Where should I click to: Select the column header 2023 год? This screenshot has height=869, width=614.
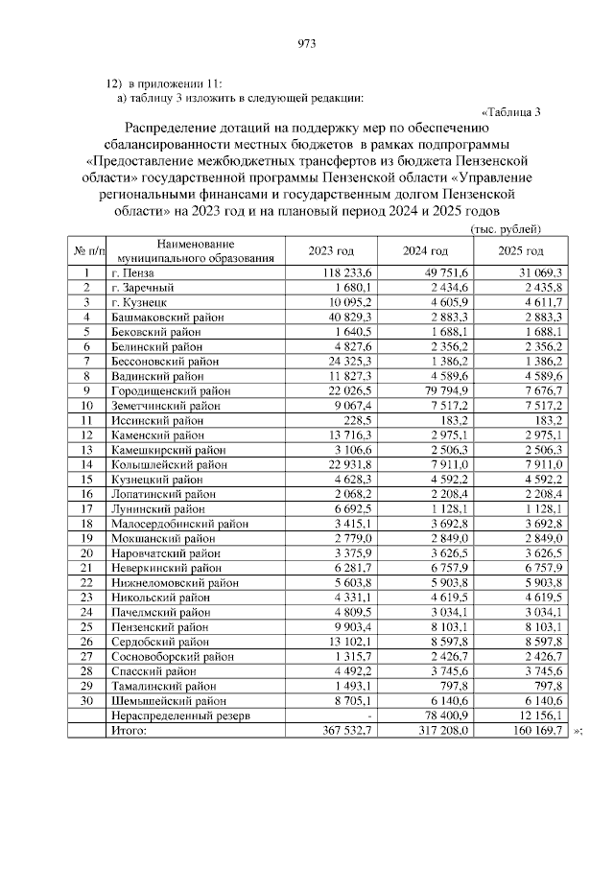click(330, 251)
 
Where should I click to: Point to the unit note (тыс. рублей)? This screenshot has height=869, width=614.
click(506, 229)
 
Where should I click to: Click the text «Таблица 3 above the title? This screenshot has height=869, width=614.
click(510, 111)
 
